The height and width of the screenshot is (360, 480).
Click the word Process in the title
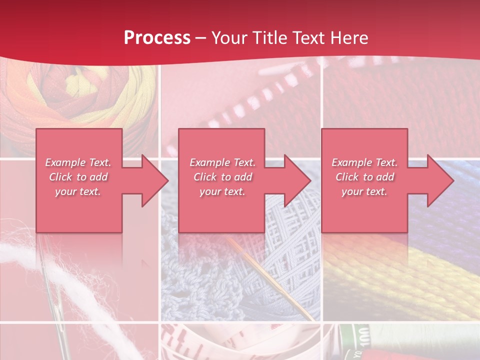pos(157,38)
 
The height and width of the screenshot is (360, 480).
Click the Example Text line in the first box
pos(78,162)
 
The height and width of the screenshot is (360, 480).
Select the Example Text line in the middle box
pos(222,162)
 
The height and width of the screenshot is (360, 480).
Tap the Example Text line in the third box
pos(364,162)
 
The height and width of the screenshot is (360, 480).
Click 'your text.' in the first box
pos(78,191)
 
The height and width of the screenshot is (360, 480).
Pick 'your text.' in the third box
pos(364,191)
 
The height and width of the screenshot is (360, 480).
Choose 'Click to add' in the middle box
pos(222,177)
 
